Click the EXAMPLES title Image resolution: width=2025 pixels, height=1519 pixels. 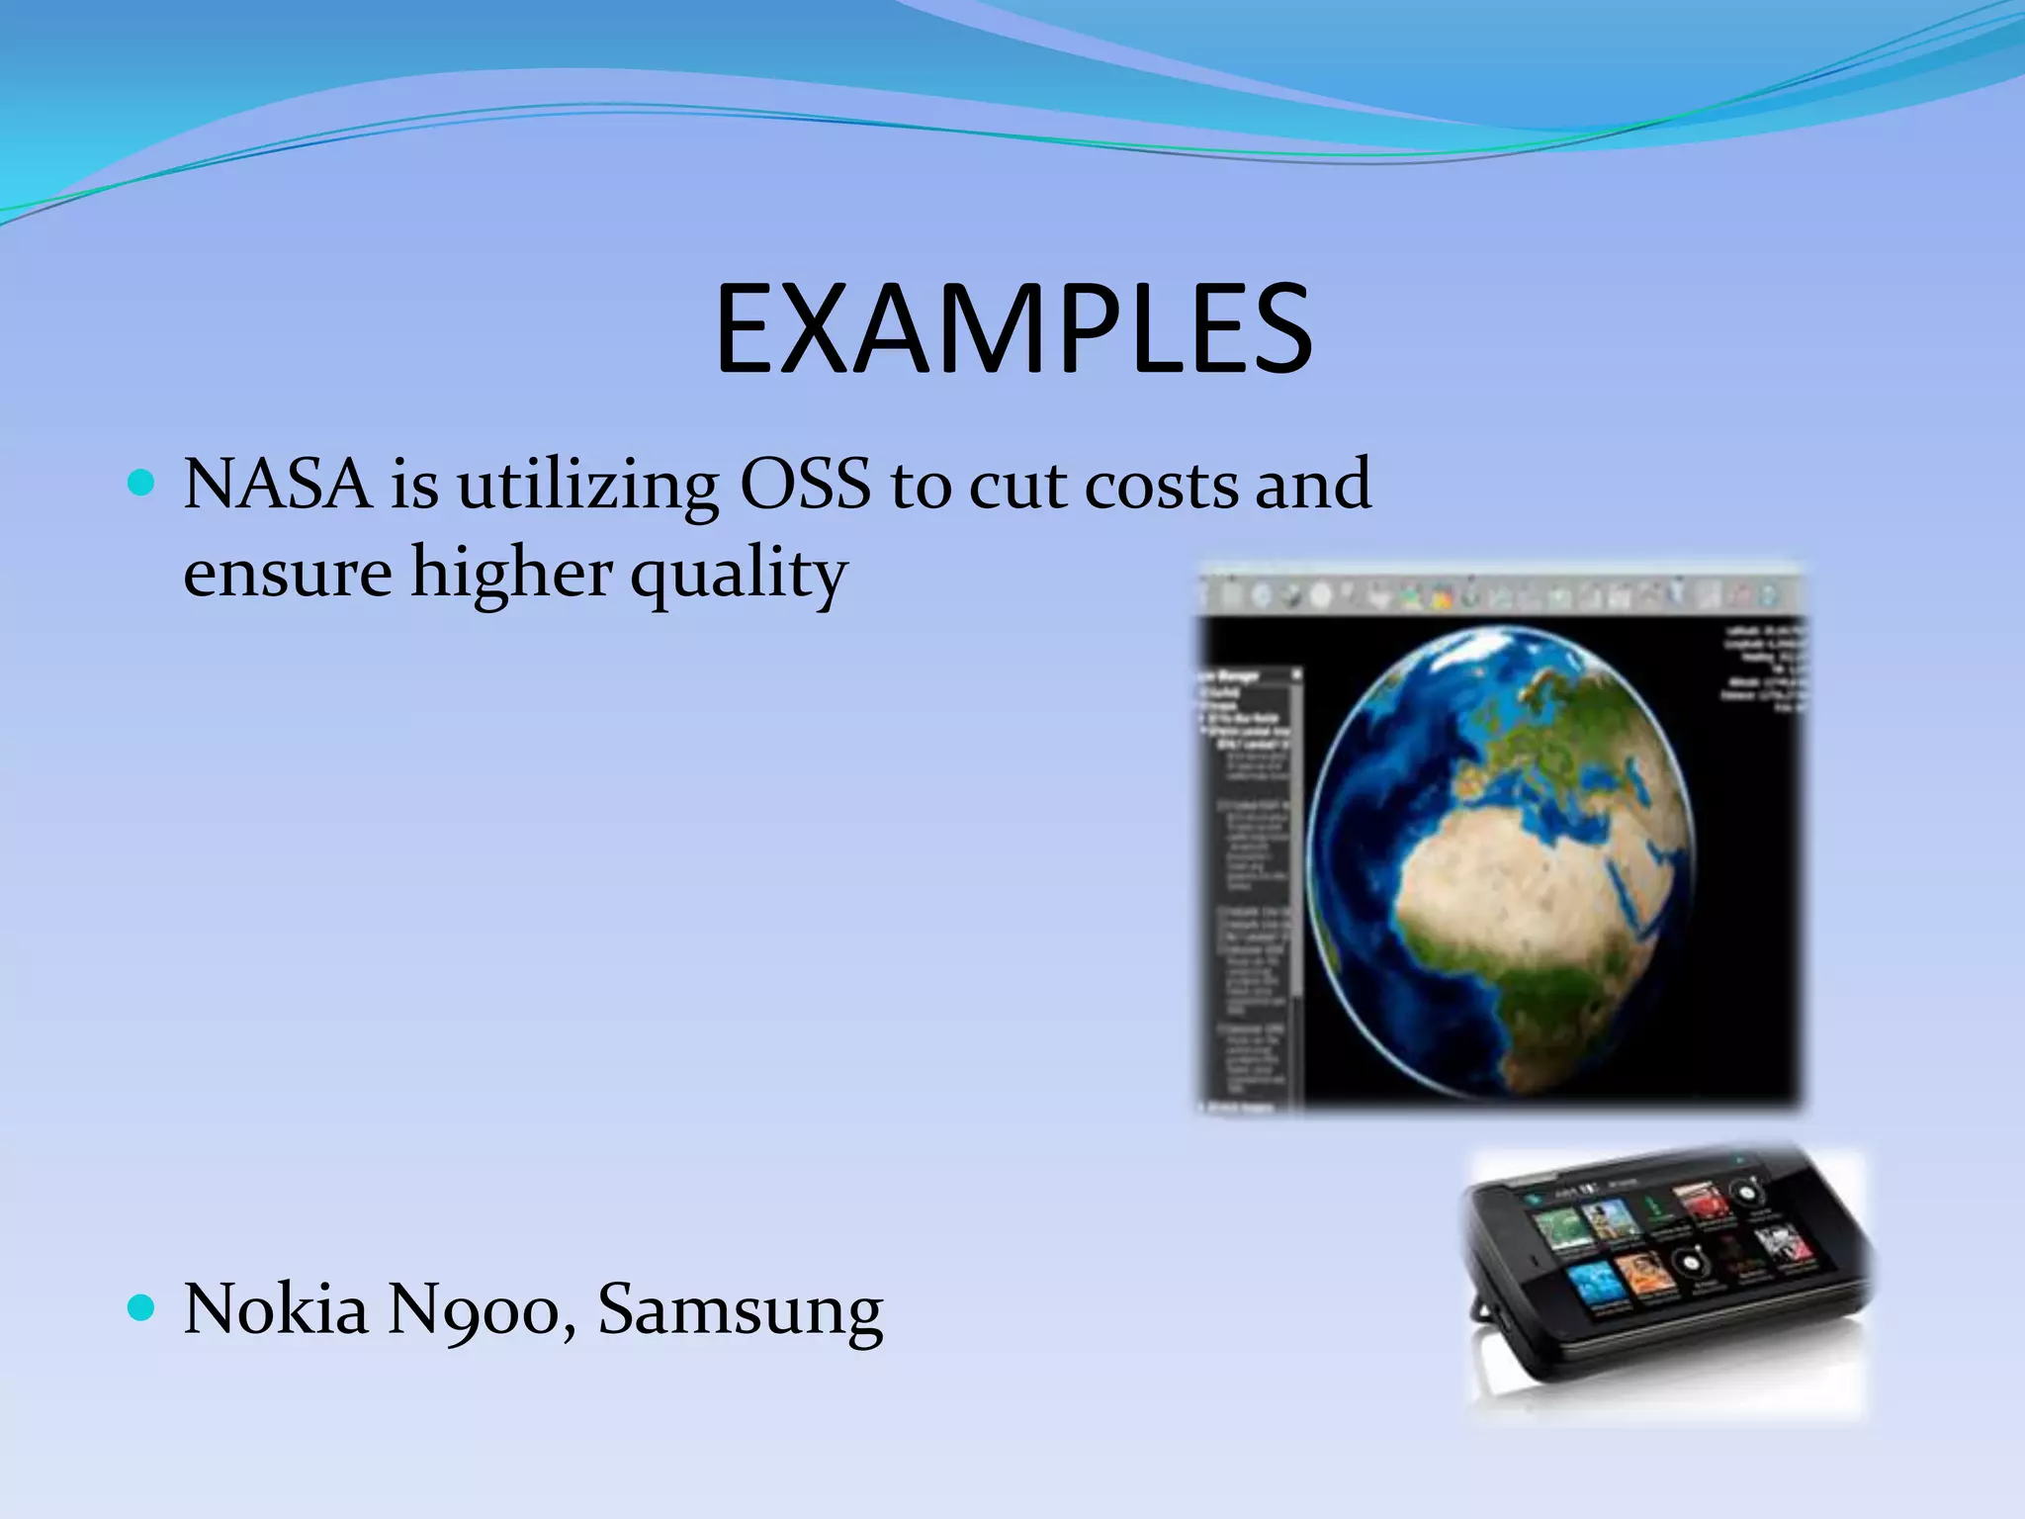click(1012, 328)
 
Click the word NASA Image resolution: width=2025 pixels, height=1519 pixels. click(277, 485)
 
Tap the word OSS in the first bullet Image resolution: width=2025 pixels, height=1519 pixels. click(805, 485)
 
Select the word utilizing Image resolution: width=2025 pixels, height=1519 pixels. click(587, 487)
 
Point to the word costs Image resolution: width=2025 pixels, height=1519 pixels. click(1161, 487)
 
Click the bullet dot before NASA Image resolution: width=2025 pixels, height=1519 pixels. click(142, 483)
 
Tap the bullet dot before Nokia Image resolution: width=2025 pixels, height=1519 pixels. click(142, 1308)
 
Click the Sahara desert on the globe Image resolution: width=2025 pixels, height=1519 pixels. click(1503, 880)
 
